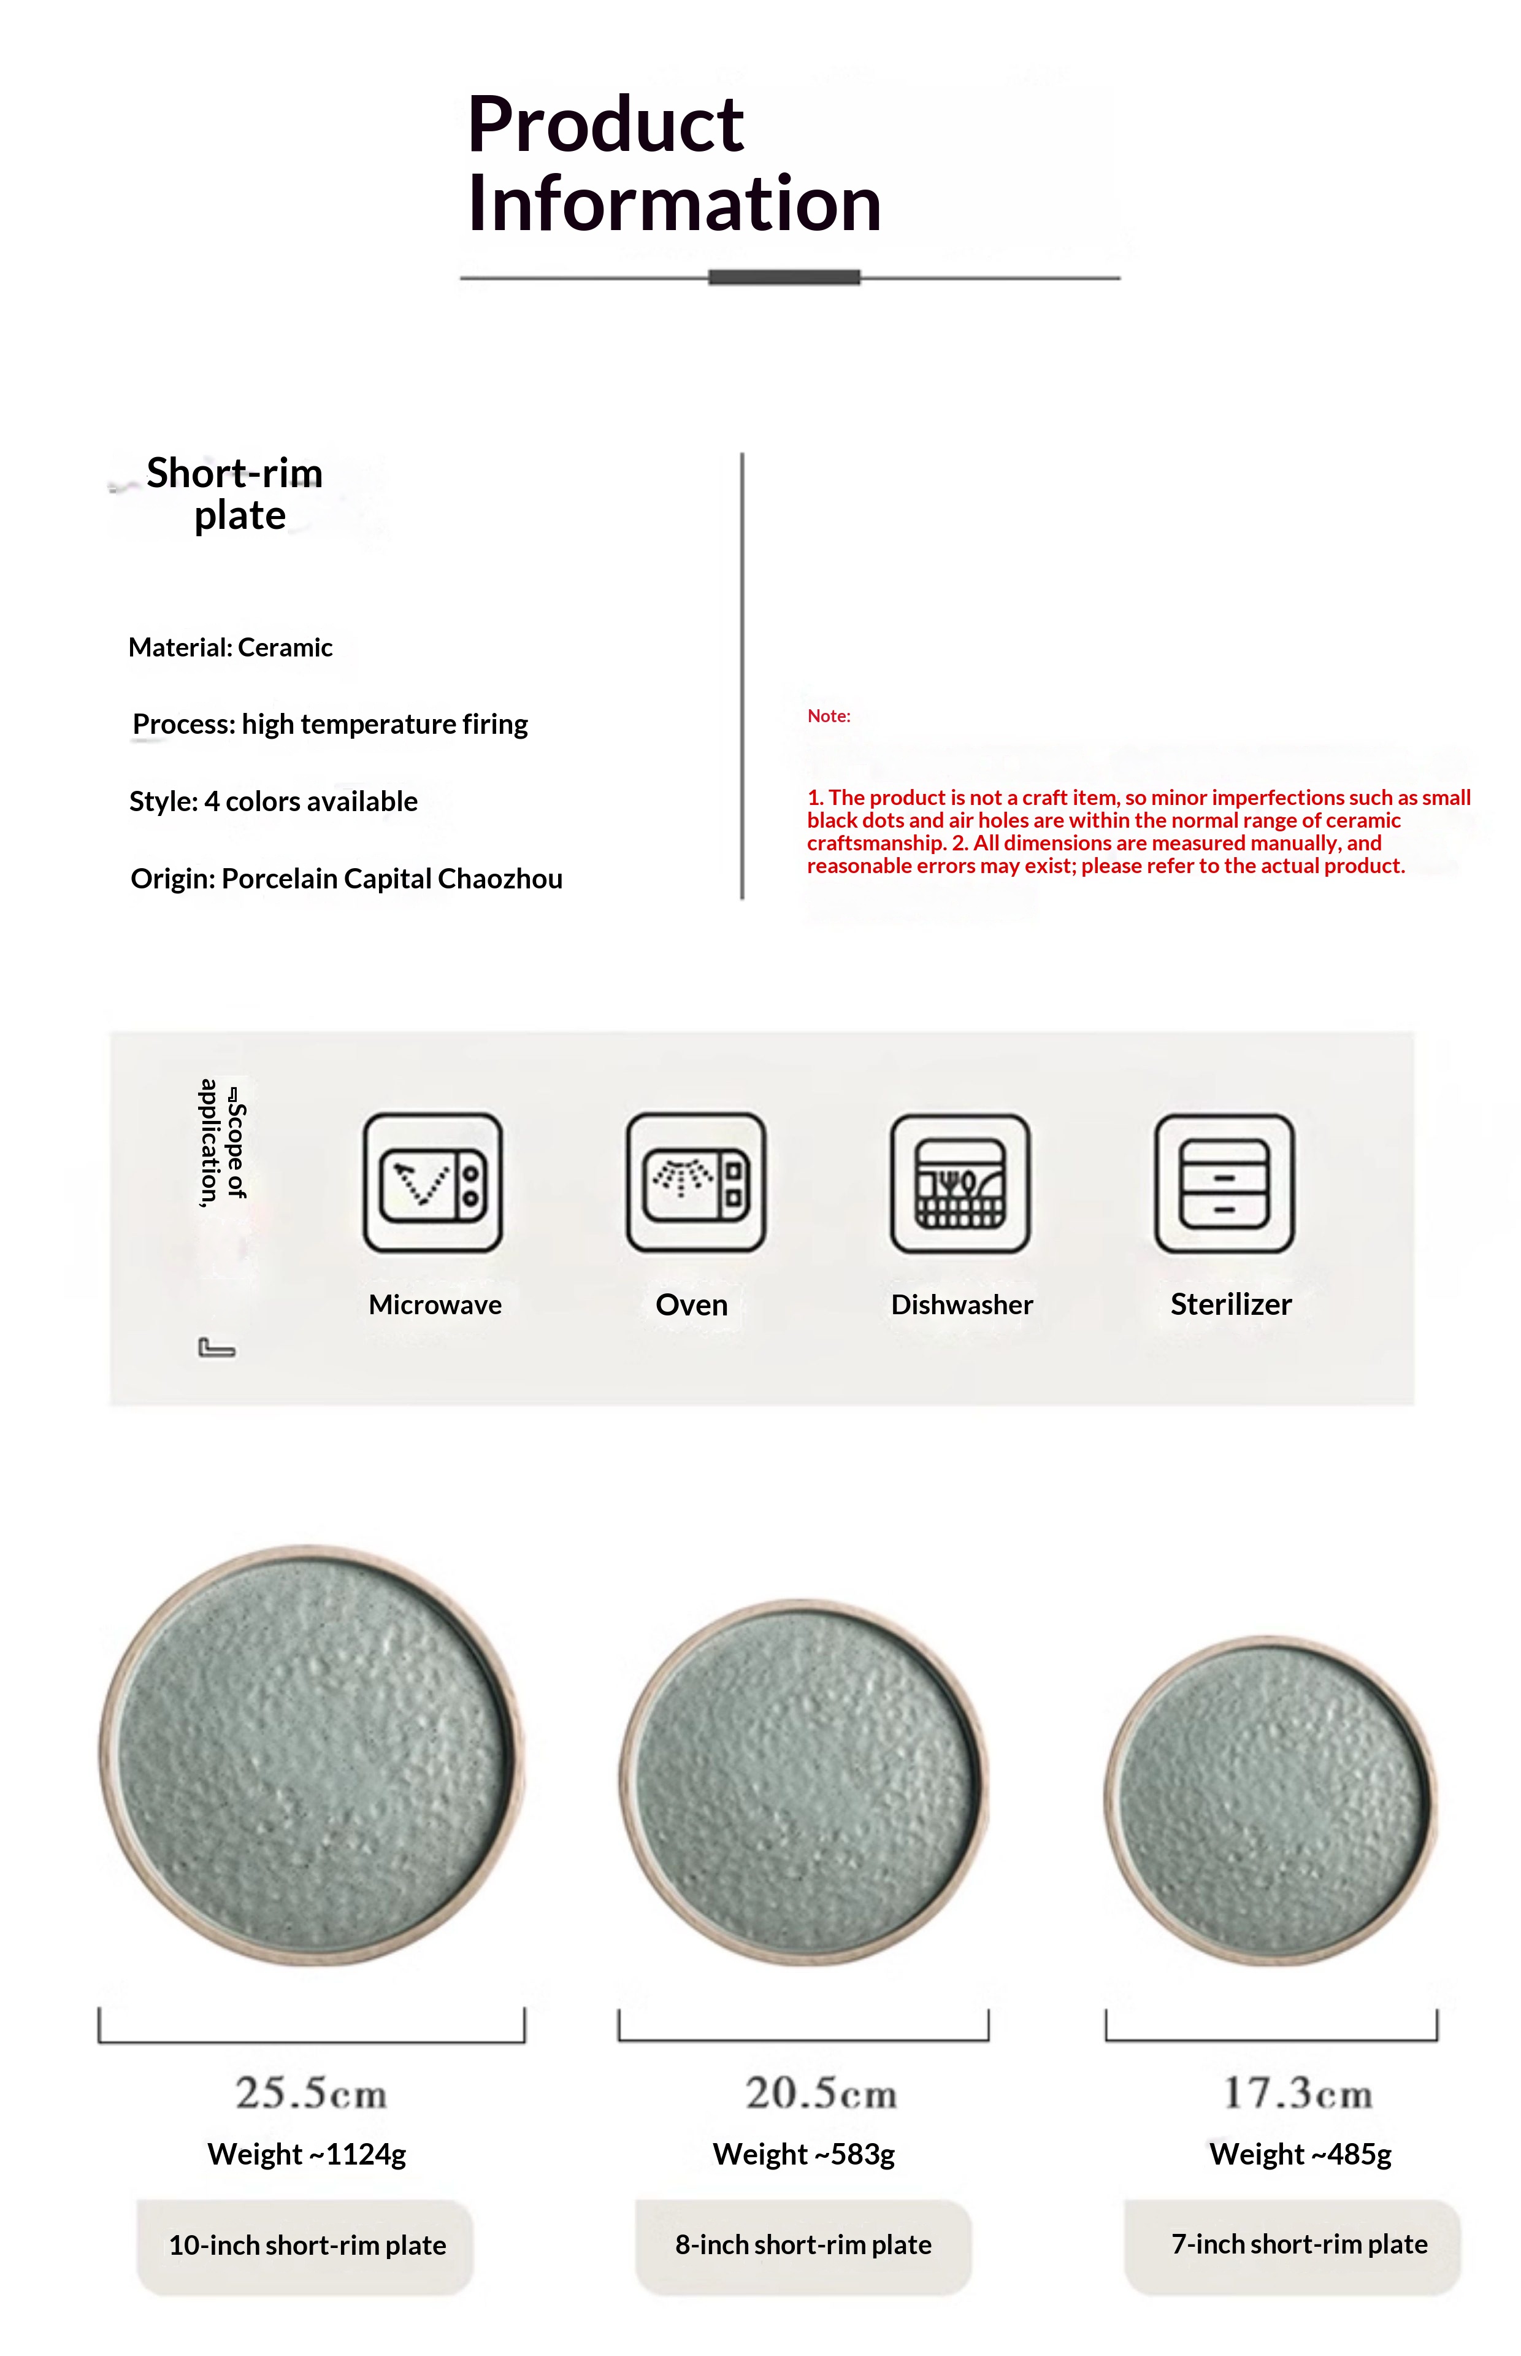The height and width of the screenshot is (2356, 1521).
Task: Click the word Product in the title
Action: tap(605, 125)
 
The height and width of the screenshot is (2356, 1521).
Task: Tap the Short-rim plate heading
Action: tap(235, 494)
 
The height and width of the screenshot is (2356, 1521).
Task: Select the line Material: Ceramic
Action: tap(230, 648)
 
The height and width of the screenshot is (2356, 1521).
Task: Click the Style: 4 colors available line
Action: tap(274, 802)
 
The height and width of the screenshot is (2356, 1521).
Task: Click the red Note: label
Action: tap(829, 716)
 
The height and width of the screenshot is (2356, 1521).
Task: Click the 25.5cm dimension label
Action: tap(311, 2093)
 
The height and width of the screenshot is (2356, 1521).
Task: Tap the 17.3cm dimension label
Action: tap(1298, 2093)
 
